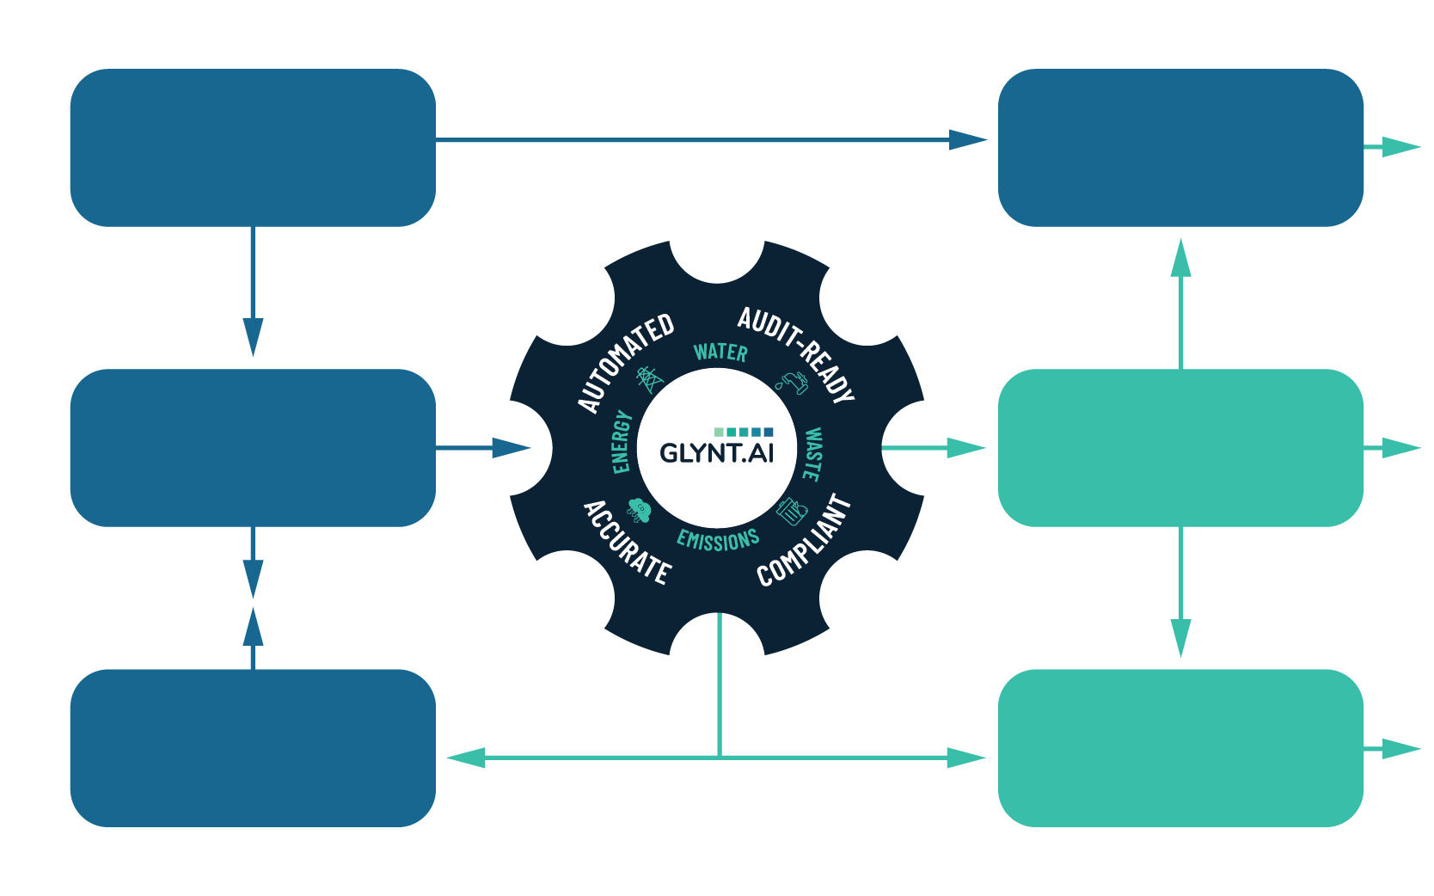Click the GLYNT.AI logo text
point(716,452)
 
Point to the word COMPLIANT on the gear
point(805,542)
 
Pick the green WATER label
point(720,352)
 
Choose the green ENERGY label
point(622,442)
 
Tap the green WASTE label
point(812,453)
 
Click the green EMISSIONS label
point(718,540)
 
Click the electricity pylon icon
point(650,379)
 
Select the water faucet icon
point(792,383)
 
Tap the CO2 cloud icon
point(640,509)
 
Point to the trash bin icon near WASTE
point(791,512)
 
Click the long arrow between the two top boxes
point(705,139)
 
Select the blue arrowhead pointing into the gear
point(512,448)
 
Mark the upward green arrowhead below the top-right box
point(1181,258)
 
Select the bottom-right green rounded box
point(1180,748)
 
